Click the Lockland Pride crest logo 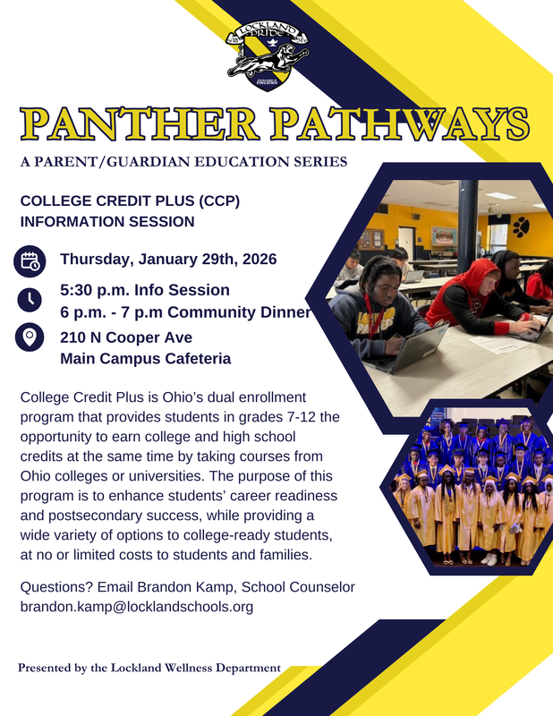point(275,54)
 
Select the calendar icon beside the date point(30,261)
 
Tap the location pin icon point(30,338)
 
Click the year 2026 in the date point(254,260)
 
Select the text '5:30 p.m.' point(90,290)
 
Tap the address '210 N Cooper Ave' point(126,337)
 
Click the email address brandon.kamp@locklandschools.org point(136,607)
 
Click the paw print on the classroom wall point(520,226)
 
